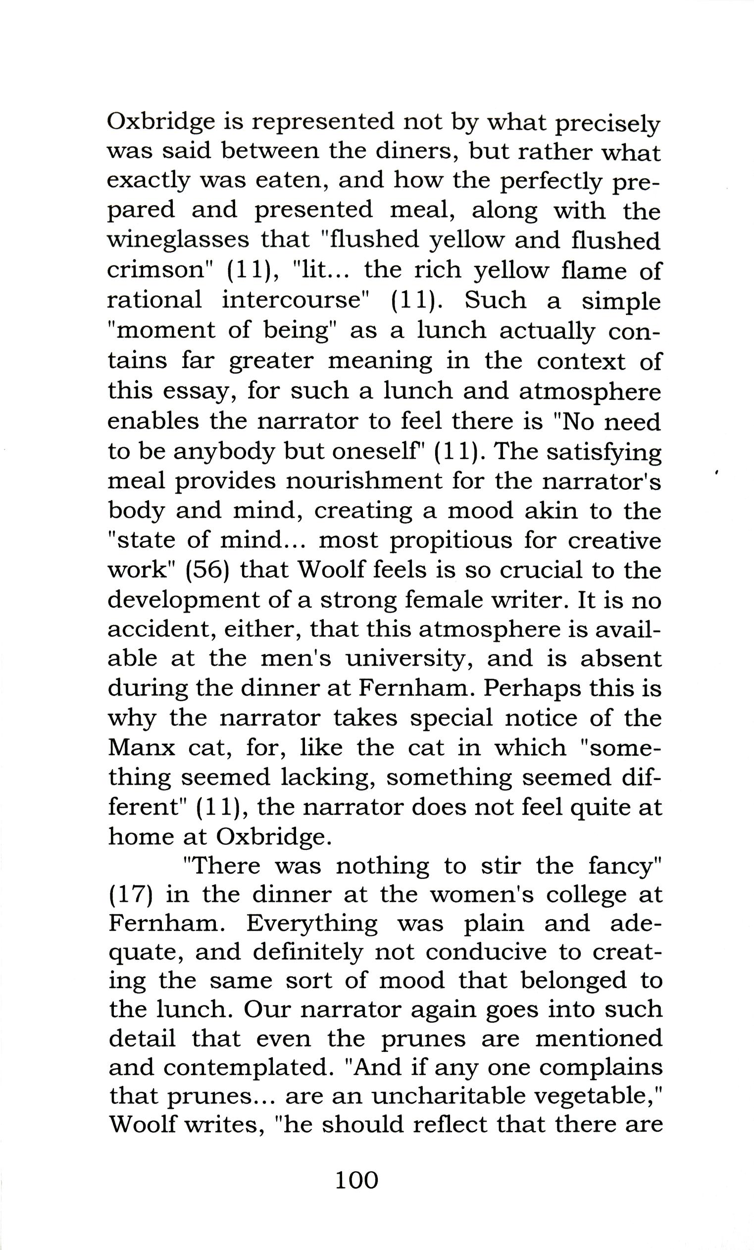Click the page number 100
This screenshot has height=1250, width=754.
(356, 1180)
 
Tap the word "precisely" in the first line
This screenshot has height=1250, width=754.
(607, 124)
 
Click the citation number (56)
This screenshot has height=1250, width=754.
(208, 570)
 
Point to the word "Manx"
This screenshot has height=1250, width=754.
(141, 748)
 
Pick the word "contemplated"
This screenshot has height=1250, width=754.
(246, 1067)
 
